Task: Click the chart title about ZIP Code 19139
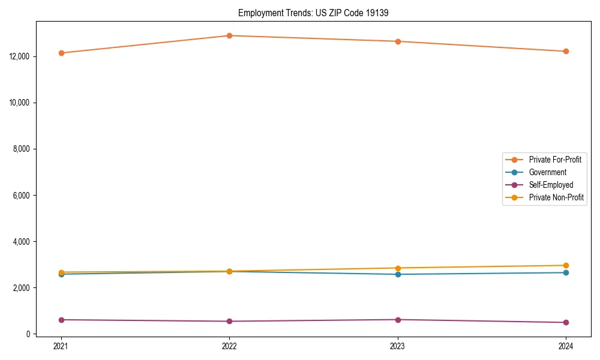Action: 313,13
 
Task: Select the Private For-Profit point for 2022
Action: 229,36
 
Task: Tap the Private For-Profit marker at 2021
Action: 61,53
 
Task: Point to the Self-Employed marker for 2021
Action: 61,320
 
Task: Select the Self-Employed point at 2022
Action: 229,321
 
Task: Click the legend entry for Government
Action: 547,172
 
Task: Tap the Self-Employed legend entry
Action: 551,185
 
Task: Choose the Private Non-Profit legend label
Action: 556,197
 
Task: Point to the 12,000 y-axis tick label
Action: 20,56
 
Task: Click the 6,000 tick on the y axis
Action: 22,196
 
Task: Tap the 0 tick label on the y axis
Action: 28,334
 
